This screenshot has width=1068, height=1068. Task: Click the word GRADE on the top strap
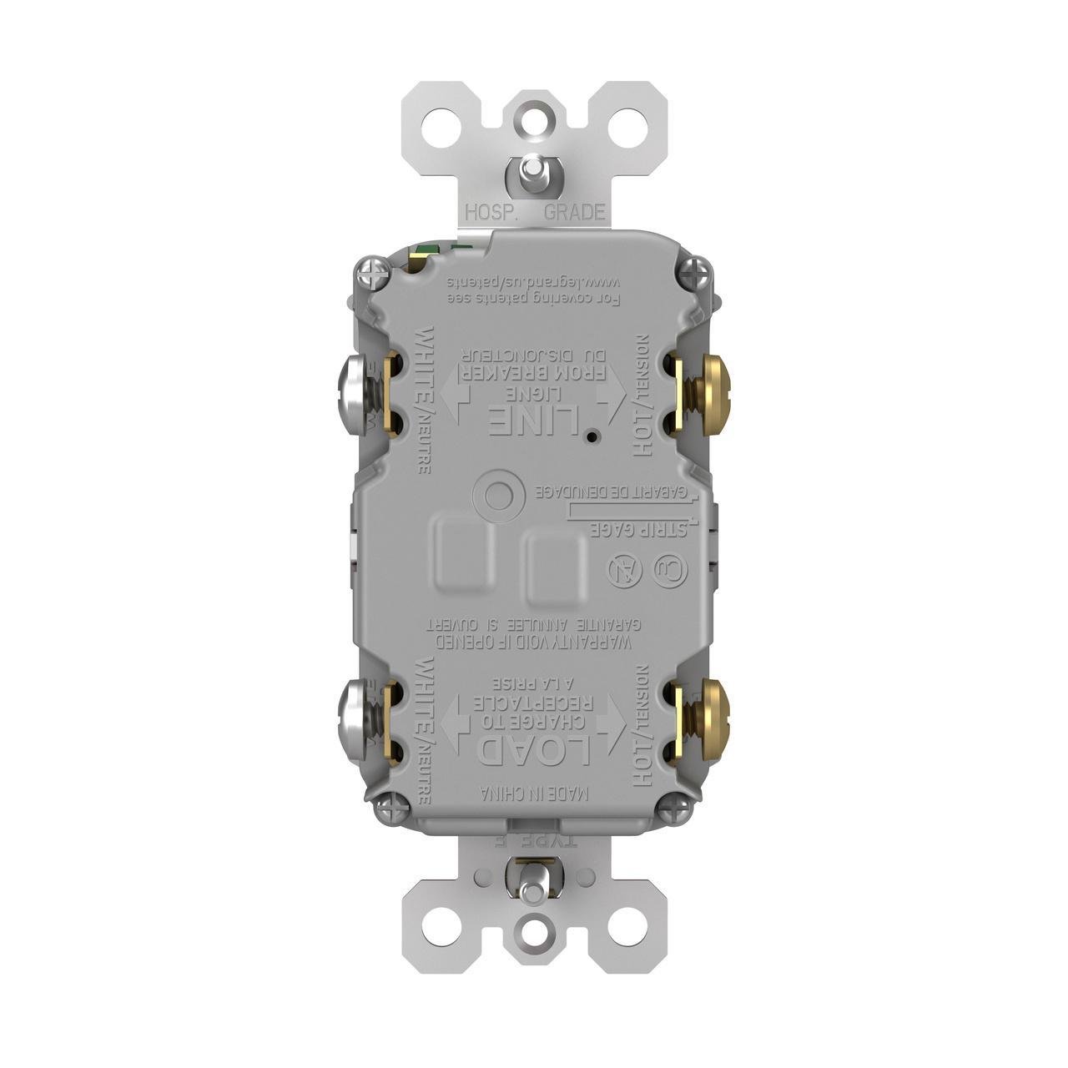[x=574, y=213]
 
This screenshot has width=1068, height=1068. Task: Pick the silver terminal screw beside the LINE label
[x=354, y=393]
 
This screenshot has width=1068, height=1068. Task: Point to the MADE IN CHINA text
[x=535, y=793]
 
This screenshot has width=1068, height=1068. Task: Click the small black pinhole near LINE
[x=591, y=436]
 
